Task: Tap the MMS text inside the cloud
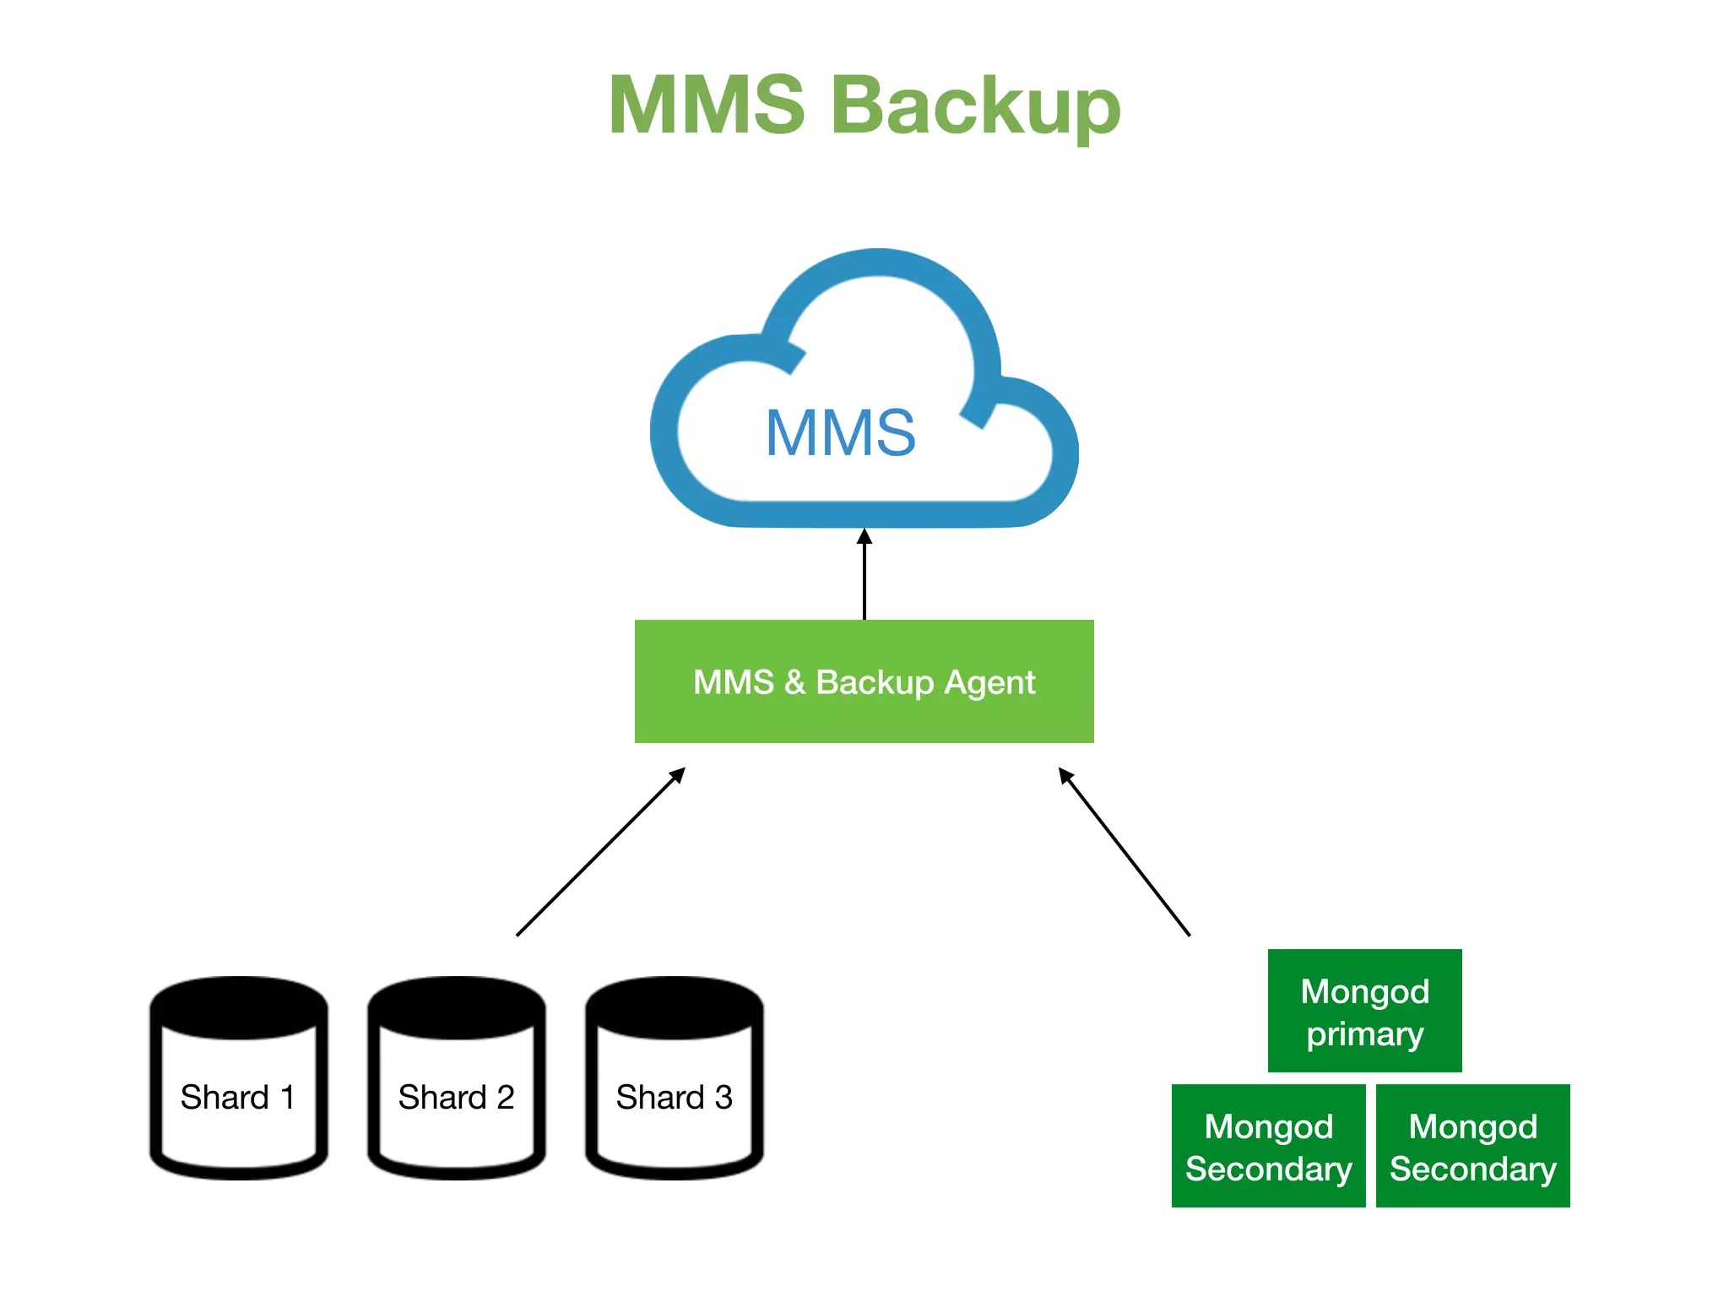(x=840, y=433)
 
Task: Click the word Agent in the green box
(x=989, y=682)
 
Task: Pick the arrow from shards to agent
(x=599, y=851)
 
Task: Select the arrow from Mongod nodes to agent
(x=1125, y=851)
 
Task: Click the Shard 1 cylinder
(x=239, y=1098)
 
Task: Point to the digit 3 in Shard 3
(x=724, y=1098)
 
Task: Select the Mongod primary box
(x=1364, y=1011)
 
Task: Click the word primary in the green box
(x=1364, y=1034)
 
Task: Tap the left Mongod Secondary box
(x=1268, y=1146)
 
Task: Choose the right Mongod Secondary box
(x=1472, y=1146)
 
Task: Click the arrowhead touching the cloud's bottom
(x=864, y=537)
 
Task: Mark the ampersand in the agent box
(x=794, y=682)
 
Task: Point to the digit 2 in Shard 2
(x=505, y=1098)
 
